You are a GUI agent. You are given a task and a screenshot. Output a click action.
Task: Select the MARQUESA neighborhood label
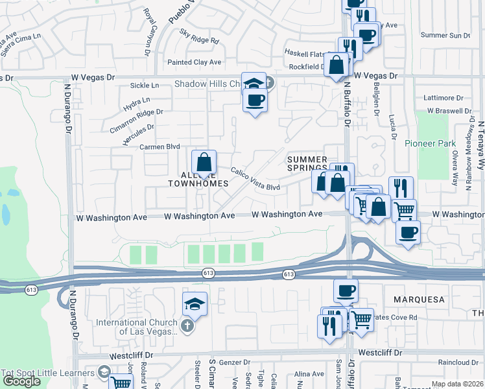click(x=418, y=300)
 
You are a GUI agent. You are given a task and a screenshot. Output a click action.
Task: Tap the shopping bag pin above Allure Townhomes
click(x=204, y=163)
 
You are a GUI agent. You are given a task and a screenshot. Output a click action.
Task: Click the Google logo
click(x=21, y=381)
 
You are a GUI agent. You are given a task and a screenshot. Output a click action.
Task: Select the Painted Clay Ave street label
click(x=194, y=62)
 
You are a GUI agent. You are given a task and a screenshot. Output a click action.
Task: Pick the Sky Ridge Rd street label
click(x=200, y=40)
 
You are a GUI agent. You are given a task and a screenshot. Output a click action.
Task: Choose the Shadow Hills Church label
click(x=207, y=84)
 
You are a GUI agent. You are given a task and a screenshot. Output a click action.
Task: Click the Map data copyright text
click(x=457, y=384)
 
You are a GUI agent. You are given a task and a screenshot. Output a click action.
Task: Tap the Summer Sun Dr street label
click(x=445, y=35)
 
